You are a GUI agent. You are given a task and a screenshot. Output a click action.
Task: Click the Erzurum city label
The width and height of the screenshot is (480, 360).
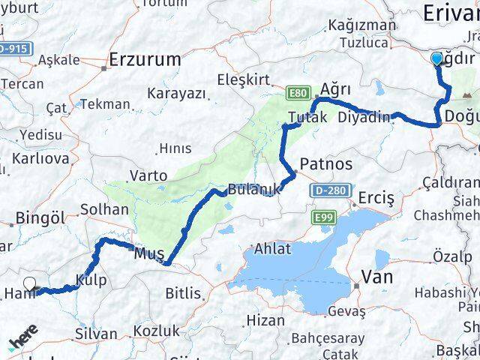click(x=145, y=58)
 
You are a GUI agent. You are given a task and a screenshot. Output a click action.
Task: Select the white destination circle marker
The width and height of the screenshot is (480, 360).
click(x=30, y=283)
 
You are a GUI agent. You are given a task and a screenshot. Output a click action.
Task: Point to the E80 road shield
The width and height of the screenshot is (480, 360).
click(x=297, y=93)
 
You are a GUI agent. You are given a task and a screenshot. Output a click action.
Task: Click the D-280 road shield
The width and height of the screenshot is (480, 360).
click(x=330, y=190)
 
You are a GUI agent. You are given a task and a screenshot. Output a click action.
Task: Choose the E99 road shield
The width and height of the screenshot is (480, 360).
click(x=320, y=216)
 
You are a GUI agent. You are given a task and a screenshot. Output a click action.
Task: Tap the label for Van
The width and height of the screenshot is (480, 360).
click(x=377, y=277)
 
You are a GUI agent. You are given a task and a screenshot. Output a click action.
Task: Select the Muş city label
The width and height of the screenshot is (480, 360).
click(x=148, y=254)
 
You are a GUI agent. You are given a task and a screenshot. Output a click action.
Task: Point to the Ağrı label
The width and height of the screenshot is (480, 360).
click(x=335, y=88)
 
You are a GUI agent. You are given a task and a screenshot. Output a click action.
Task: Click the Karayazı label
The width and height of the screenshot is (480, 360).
click(x=176, y=93)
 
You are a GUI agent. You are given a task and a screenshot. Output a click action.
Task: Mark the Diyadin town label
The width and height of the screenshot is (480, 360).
click(x=364, y=117)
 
